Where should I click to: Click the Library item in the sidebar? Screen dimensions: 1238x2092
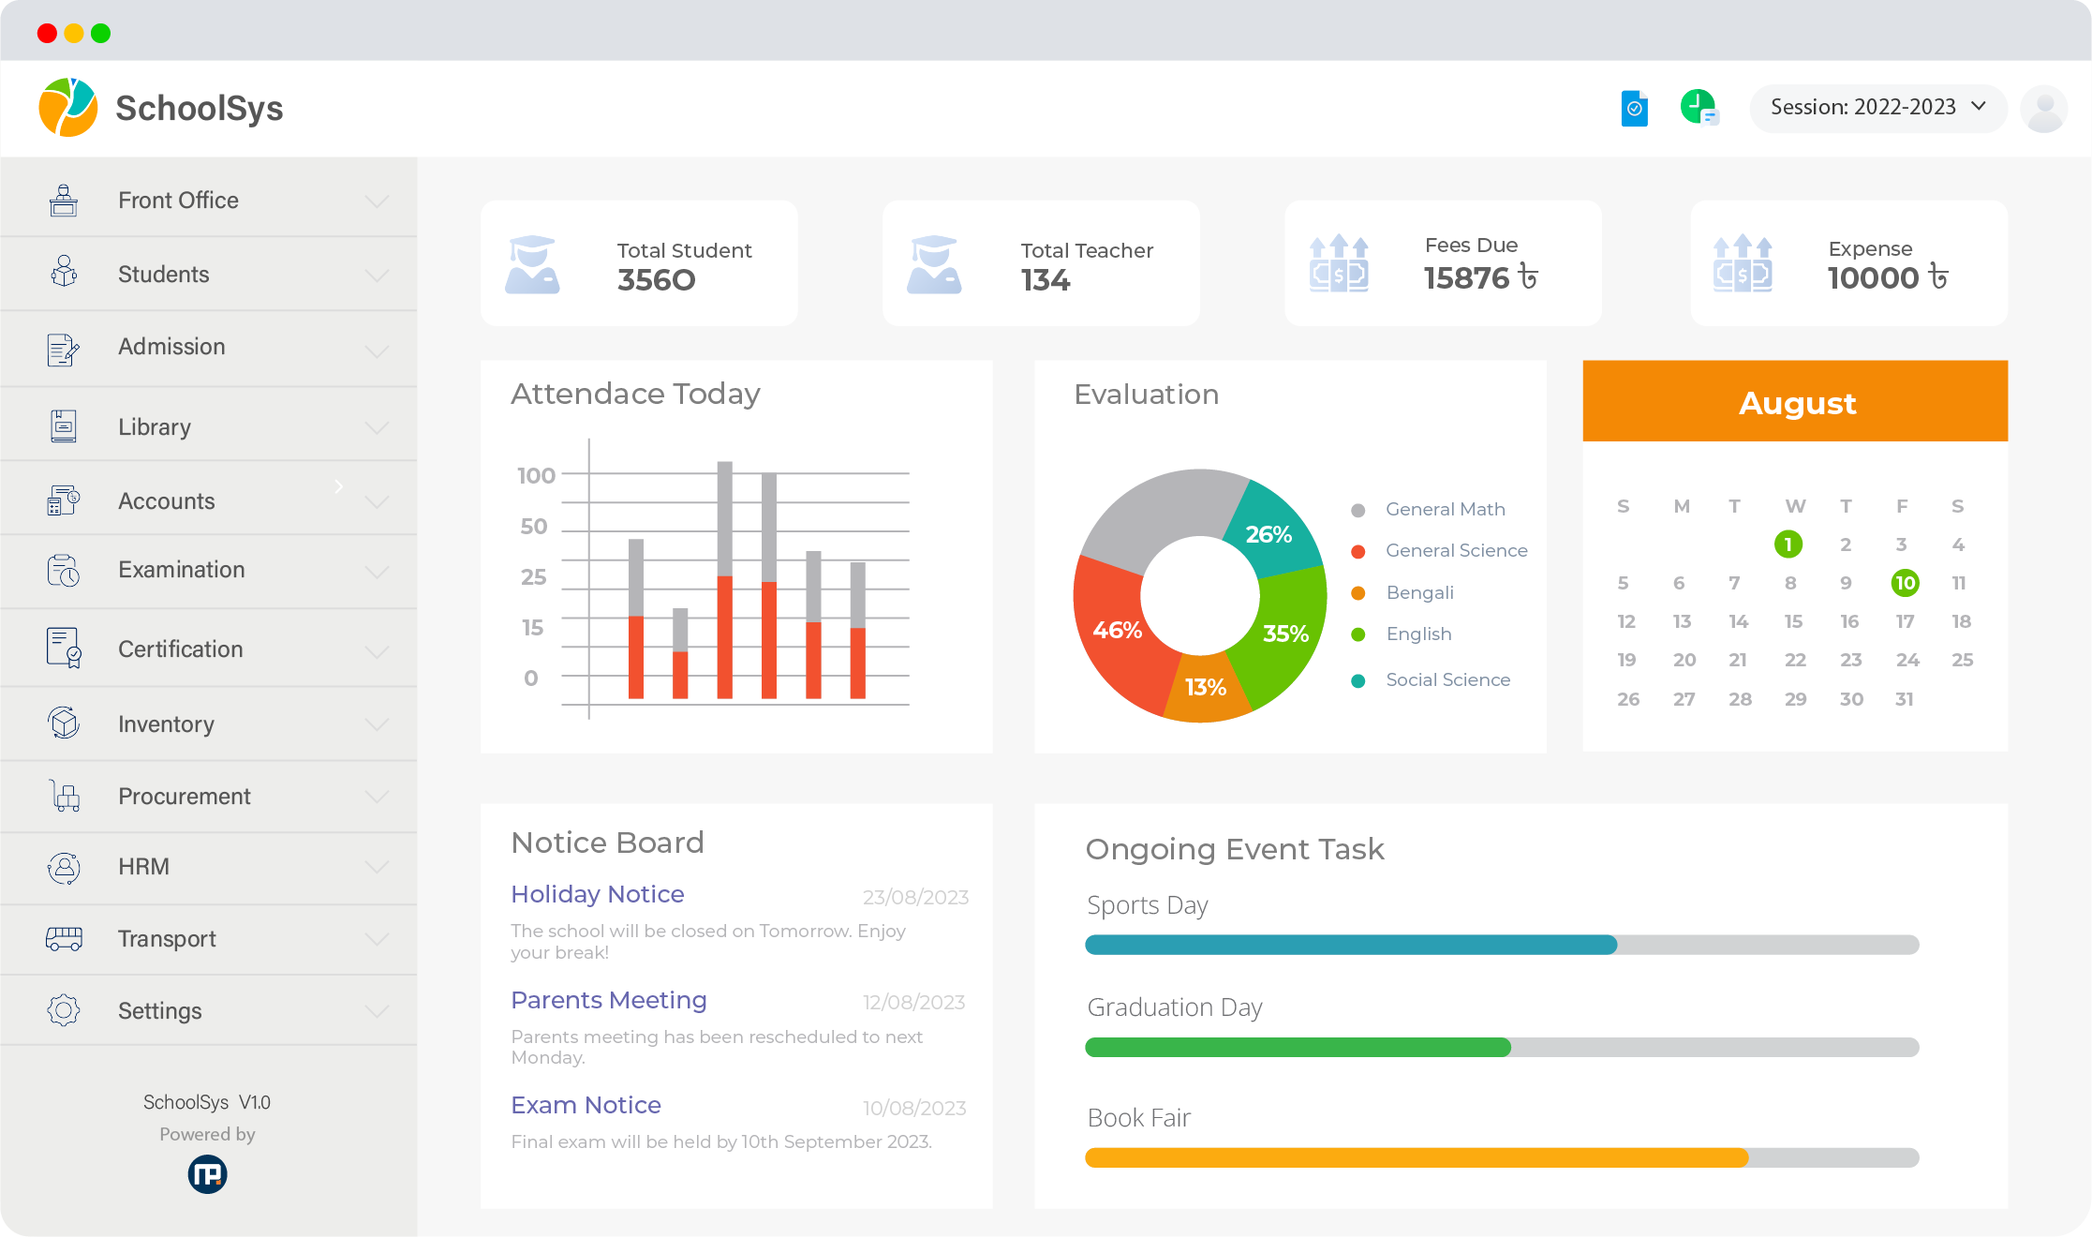point(155,427)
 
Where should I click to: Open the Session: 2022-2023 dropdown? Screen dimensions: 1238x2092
point(1877,108)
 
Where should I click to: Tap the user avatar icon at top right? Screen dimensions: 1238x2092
point(2043,109)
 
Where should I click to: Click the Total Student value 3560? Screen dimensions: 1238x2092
point(656,280)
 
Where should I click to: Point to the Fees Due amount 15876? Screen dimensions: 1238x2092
point(1467,278)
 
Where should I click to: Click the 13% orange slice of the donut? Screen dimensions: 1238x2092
point(1205,689)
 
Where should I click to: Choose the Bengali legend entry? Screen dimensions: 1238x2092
point(1419,593)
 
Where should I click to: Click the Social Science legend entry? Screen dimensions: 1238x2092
point(1447,680)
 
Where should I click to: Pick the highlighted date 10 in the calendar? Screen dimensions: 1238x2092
point(1905,583)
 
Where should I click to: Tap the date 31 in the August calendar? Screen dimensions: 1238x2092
point(1904,699)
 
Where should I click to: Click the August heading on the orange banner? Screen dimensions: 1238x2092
point(1796,403)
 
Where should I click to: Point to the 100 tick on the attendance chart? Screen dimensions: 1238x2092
point(537,476)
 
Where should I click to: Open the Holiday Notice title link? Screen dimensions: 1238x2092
point(598,895)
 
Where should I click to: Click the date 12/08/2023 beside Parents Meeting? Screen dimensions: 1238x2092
point(913,1003)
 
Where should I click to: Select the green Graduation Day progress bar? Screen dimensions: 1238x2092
point(1298,1048)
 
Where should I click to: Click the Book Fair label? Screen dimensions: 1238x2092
point(1138,1118)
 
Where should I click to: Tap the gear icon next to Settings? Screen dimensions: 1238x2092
point(64,1010)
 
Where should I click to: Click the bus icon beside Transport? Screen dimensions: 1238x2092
point(64,938)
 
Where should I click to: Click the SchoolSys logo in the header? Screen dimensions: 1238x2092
point(67,108)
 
